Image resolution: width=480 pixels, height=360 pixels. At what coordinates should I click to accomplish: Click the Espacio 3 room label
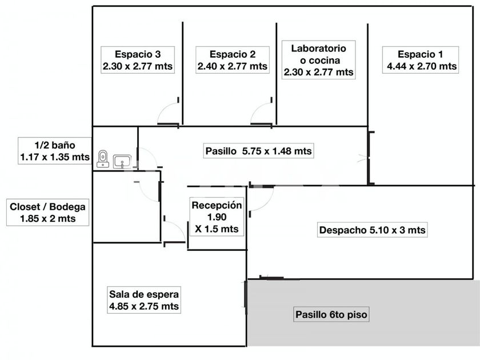pos(137,60)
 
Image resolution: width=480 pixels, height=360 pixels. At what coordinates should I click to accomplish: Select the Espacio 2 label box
pos(232,60)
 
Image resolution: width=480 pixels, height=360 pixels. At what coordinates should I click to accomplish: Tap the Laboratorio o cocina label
pos(318,59)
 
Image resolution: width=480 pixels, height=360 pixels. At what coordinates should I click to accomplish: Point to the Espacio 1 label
pos(420,60)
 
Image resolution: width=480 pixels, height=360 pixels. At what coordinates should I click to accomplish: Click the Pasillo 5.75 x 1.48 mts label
pos(258,151)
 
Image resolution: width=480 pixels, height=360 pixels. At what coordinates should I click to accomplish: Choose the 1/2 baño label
pos(54,150)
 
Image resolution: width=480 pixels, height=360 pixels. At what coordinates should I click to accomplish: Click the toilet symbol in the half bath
pos(103,158)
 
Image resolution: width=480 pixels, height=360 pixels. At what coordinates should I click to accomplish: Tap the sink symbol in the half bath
pos(122,162)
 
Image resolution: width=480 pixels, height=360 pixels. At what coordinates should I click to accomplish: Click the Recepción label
pos(217,217)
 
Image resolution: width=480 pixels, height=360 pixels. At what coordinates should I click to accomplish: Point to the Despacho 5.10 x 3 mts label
pos(372,230)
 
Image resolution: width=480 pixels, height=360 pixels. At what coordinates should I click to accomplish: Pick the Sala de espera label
pos(144,301)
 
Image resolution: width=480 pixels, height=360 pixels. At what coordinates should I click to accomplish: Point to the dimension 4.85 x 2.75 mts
pos(144,307)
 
